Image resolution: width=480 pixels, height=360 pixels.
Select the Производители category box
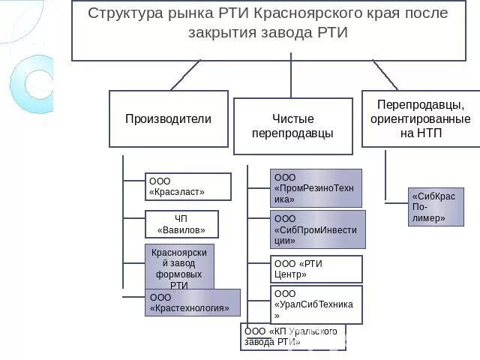168,118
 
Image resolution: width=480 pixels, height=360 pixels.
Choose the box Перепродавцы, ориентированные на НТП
420,118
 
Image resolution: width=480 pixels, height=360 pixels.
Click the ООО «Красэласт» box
187,187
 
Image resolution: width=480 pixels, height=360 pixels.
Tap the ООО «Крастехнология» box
193,302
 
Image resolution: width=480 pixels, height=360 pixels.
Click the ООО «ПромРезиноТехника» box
316,187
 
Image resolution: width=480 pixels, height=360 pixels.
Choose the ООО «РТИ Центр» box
316,269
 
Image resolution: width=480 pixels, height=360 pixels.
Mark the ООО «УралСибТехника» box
316,304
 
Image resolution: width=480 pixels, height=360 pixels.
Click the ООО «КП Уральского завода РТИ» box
293,337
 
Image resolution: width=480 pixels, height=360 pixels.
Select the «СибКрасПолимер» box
436,207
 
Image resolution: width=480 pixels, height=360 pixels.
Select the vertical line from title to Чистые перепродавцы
291,79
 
